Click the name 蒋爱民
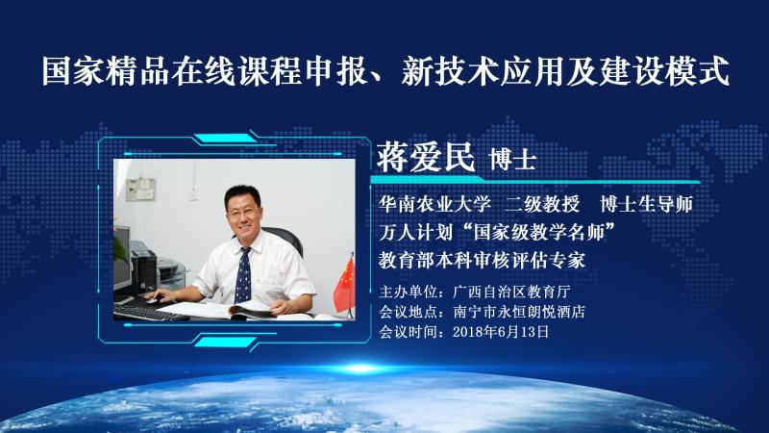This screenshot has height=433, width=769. [426, 157]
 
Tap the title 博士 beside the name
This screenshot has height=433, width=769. [512, 159]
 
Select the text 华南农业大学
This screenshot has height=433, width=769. [434, 204]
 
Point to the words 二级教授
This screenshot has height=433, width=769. [542, 204]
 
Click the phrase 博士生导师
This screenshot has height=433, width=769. [646, 204]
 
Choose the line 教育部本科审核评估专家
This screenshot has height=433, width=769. [482, 260]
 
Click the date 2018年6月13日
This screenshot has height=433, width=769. [501, 332]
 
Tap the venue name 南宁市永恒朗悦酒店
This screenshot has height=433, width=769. [519, 312]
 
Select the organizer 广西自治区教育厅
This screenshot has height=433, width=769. [511, 292]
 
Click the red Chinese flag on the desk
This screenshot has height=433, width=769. [345, 287]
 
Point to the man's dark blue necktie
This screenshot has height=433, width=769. [243, 275]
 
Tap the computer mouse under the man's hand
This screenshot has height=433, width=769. [156, 299]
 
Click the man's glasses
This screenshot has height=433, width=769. [243, 213]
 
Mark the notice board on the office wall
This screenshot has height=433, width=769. [140, 190]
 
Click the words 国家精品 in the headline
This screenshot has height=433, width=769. [105, 71]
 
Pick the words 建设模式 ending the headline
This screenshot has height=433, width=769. [665, 71]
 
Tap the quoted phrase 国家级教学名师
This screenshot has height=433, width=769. [539, 232]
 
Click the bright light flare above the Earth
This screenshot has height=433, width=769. [360, 368]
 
